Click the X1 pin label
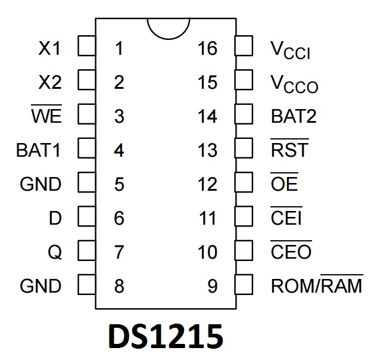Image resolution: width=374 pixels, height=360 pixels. [x=49, y=48]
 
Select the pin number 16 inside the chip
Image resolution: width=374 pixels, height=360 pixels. [x=207, y=48]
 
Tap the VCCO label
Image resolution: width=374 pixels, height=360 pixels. [x=294, y=83]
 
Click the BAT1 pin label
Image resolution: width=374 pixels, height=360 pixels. [x=38, y=150]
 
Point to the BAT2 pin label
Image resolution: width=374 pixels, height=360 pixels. [x=294, y=116]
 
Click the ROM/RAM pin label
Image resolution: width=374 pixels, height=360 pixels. [x=316, y=286]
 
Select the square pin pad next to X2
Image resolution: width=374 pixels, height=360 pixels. [x=87, y=80]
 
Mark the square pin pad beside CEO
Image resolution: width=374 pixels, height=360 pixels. [x=245, y=250]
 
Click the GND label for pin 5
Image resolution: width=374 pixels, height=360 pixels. [x=40, y=184]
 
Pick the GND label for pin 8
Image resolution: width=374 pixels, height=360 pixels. [x=40, y=286]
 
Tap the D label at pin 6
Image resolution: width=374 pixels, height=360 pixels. [x=55, y=218]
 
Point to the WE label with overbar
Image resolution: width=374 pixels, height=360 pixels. [x=46, y=116]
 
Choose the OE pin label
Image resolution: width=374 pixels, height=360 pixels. [x=284, y=184]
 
